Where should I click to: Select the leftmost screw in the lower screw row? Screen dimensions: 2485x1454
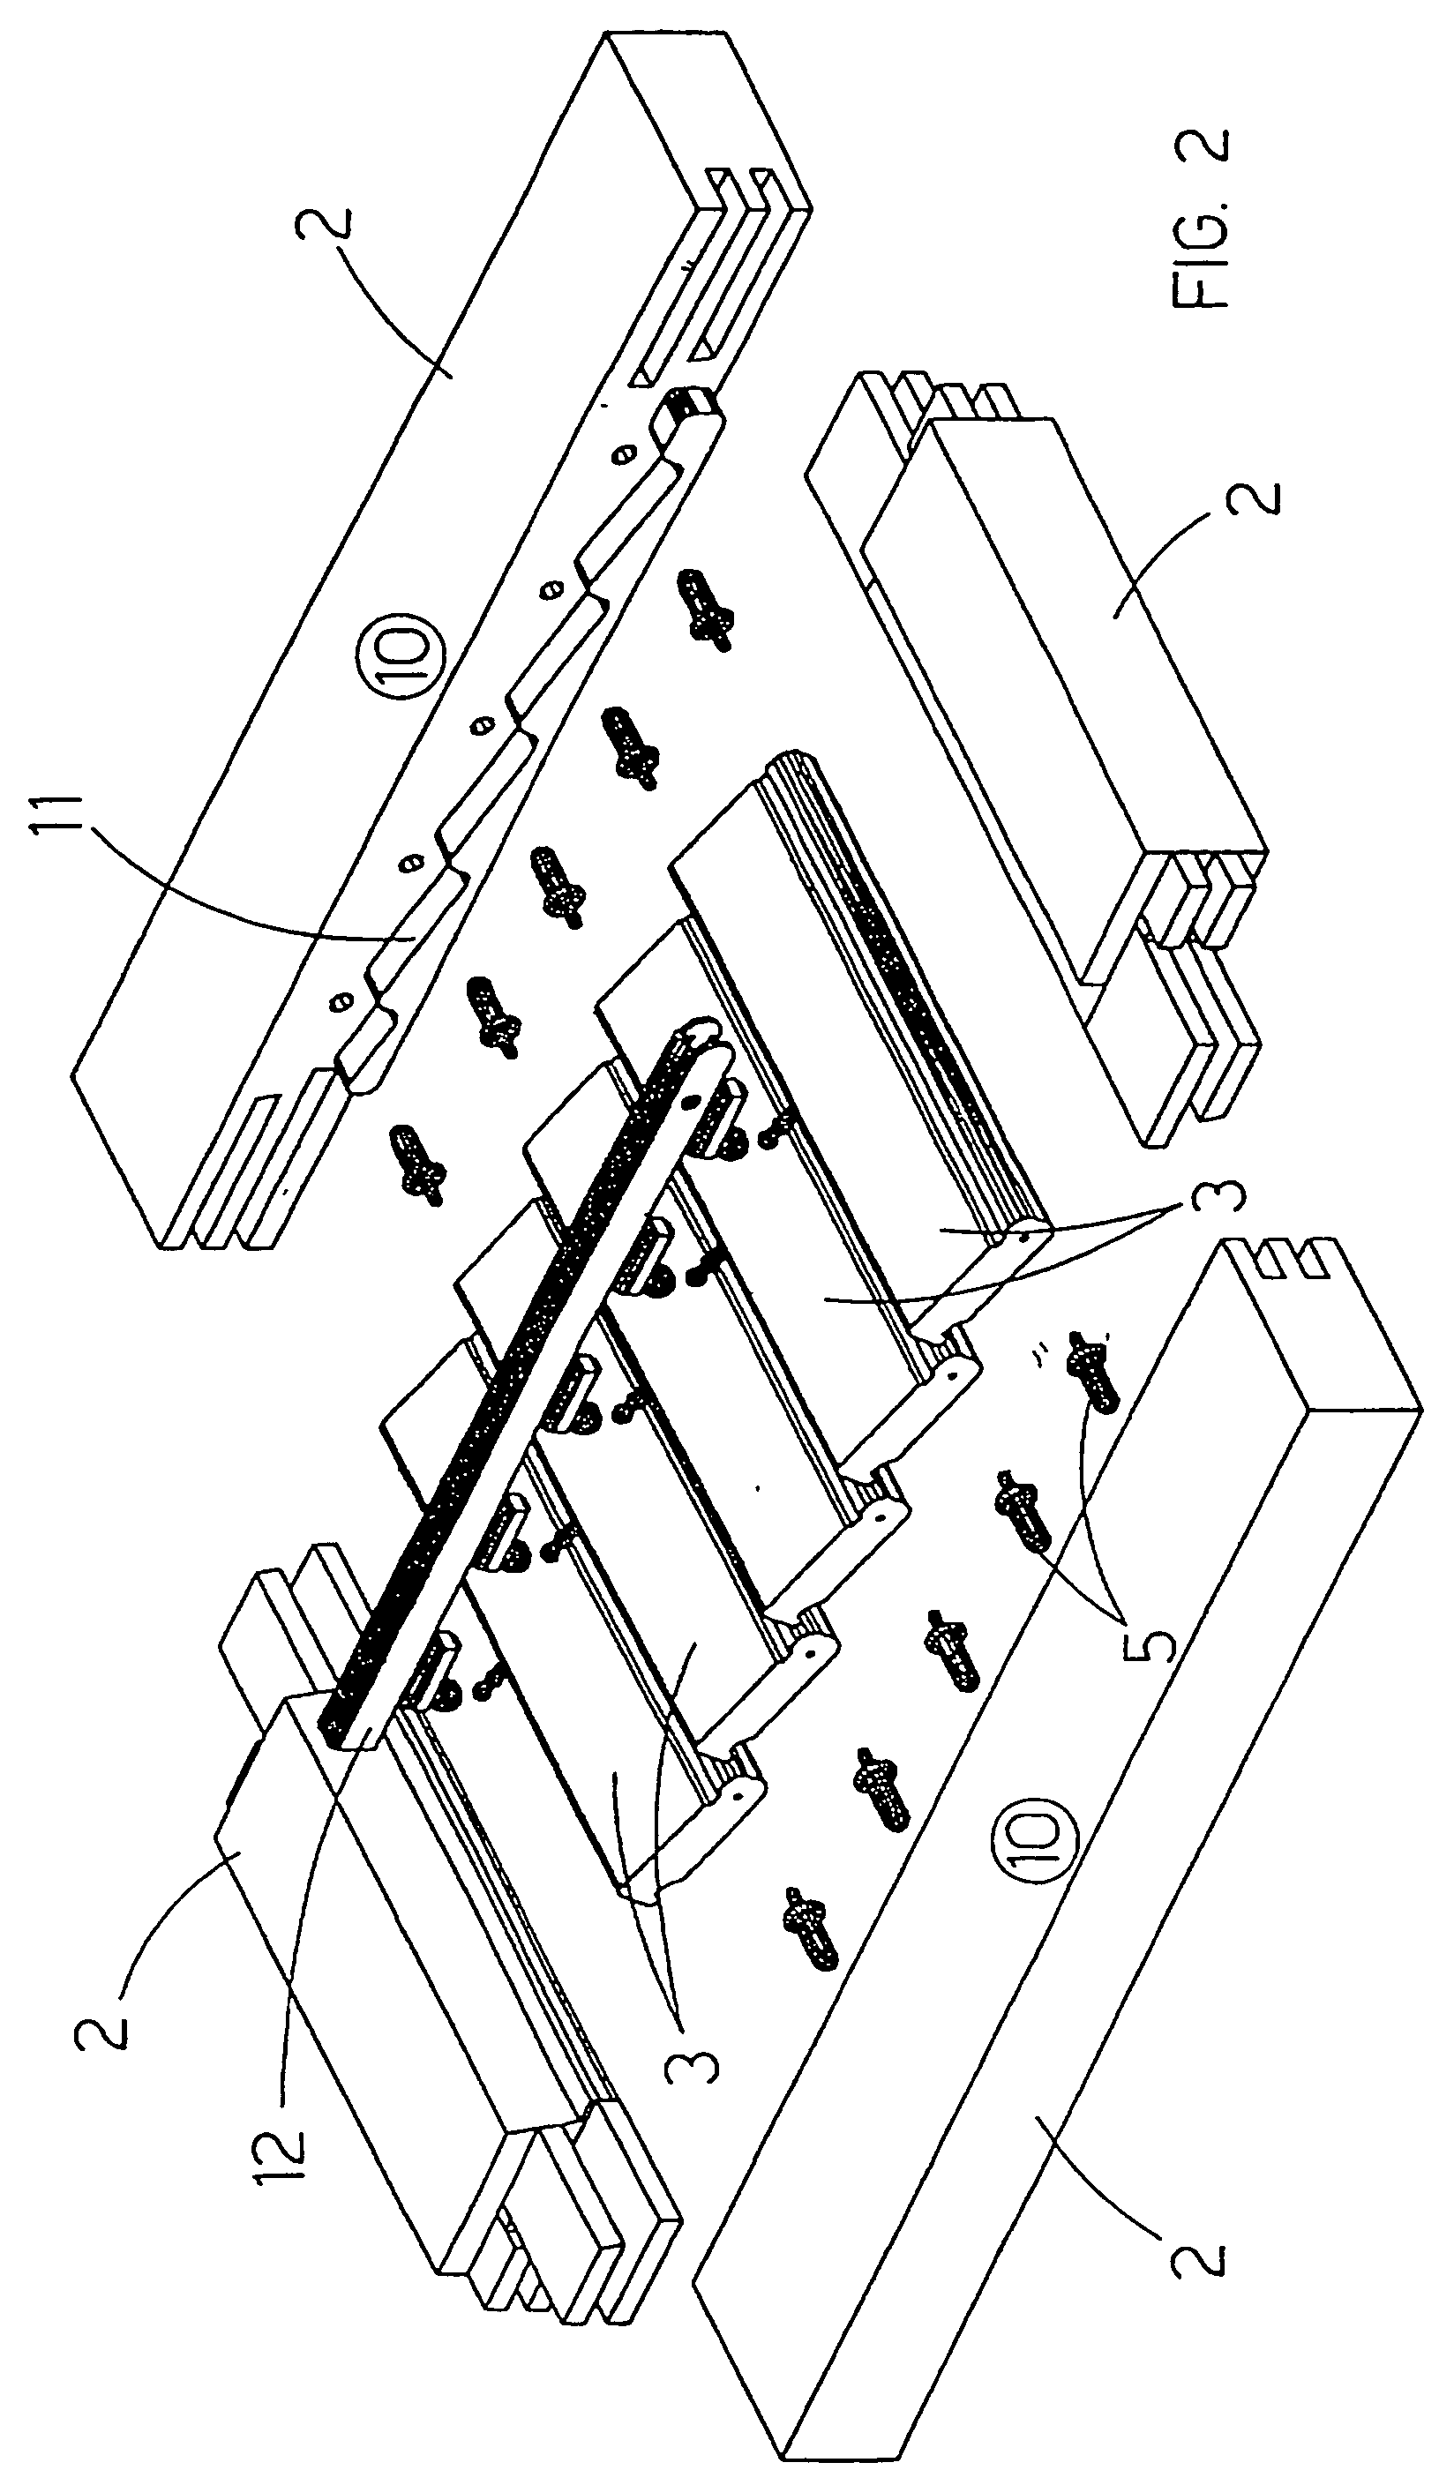[812, 1922]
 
